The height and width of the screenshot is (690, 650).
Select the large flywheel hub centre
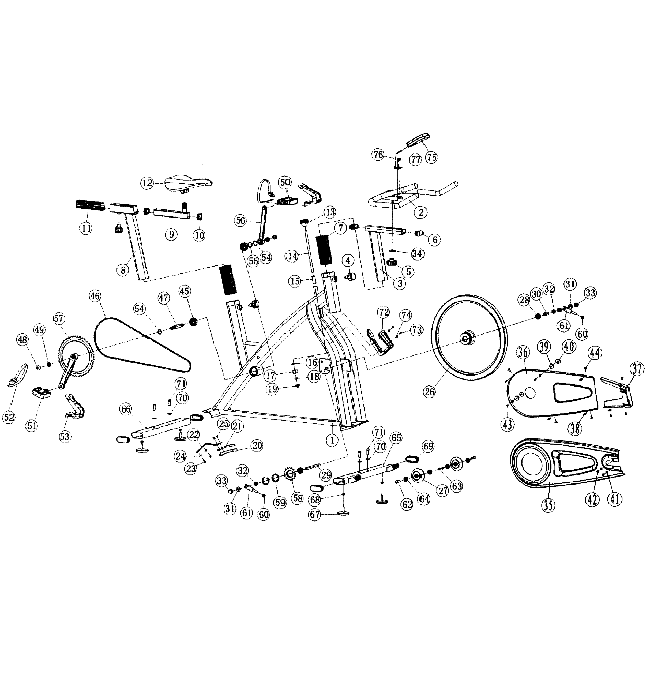[466, 338]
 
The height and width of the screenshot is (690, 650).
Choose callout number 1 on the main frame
[332, 440]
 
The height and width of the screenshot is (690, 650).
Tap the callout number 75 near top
[431, 157]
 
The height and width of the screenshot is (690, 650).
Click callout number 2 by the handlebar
[421, 212]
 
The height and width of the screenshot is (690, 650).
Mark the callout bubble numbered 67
[315, 515]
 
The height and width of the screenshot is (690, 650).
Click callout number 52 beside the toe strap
[9, 417]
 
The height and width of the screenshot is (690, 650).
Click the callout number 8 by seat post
[123, 270]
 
